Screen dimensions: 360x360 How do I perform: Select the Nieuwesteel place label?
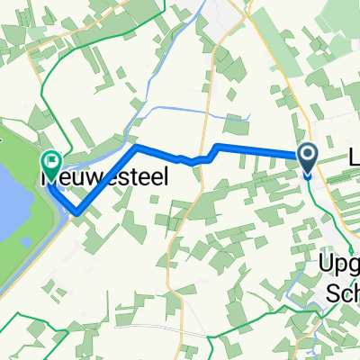point(103,179)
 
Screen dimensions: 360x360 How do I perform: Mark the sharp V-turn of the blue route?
point(76,213)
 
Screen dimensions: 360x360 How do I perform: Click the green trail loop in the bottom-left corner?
point(13,333)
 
